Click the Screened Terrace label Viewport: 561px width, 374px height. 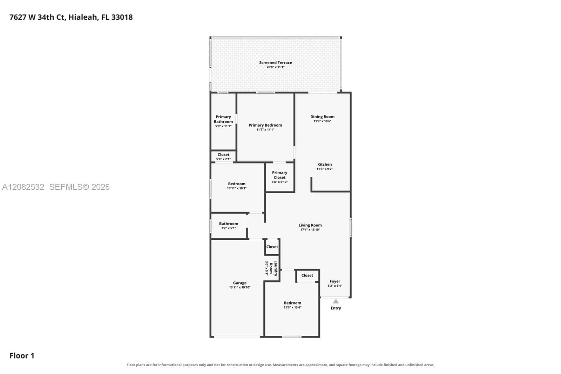[x=276, y=62]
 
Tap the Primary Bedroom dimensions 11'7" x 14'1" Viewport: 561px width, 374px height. [x=265, y=129]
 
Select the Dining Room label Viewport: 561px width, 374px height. [x=322, y=116]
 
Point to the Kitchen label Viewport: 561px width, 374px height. [x=325, y=165]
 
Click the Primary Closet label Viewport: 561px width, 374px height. [x=279, y=175]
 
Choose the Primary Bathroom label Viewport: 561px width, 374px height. [x=223, y=119]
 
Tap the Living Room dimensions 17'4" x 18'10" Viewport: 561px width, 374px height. [x=310, y=229]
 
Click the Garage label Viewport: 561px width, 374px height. [x=240, y=283]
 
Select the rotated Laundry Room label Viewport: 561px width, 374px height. [x=273, y=268]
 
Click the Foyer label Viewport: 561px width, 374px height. [x=335, y=281]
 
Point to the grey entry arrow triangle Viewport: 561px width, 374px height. [x=336, y=301]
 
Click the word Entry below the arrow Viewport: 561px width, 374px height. [x=336, y=308]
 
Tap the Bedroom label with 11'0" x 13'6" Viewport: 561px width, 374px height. [x=292, y=303]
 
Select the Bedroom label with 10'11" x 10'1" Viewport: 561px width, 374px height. [x=237, y=184]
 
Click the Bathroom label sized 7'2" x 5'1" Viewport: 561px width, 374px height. [x=229, y=223]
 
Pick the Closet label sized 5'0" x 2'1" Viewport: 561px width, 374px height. [x=223, y=155]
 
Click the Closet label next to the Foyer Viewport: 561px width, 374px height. [x=307, y=275]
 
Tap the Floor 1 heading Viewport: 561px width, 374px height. [x=22, y=356]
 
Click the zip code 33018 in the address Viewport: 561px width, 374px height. [x=122, y=17]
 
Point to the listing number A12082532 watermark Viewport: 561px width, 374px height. [x=23, y=187]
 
